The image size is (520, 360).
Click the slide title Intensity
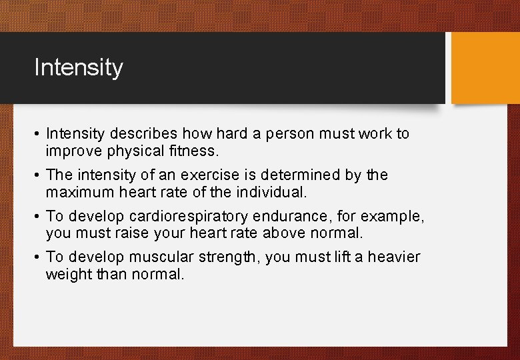click(79, 68)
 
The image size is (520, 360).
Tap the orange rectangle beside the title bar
click(485, 68)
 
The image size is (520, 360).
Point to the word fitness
click(194, 151)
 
